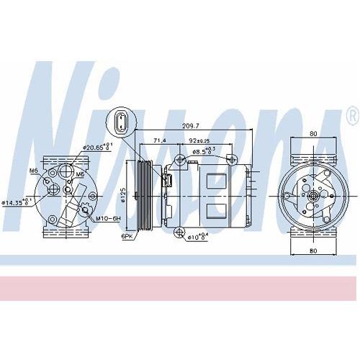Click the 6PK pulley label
pyautogui.click(x=127, y=235)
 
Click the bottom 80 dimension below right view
pyautogui.click(x=313, y=251)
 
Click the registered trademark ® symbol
pyautogui.click(x=351, y=115)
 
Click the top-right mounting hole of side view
pyautogui.click(x=229, y=158)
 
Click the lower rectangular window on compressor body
pyautogui.click(x=217, y=209)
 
